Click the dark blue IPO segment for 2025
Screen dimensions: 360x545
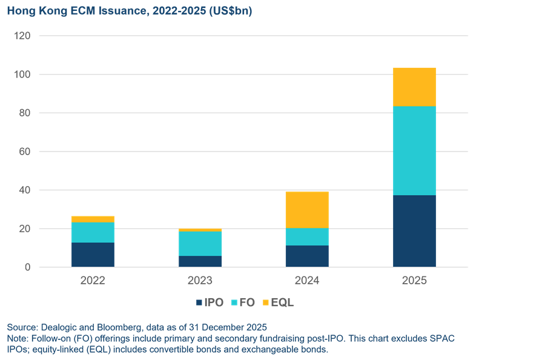click(x=415, y=231)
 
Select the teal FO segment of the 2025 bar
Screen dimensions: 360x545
click(x=415, y=151)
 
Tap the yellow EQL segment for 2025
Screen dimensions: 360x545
click(x=415, y=87)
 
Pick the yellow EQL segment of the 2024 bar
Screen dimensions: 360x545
click(x=307, y=210)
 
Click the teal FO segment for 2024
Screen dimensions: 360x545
click(x=307, y=237)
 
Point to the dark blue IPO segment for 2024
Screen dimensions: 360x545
click(x=307, y=256)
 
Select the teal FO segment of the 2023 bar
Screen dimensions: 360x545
click(x=200, y=244)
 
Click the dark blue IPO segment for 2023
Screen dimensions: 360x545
click(x=200, y=261)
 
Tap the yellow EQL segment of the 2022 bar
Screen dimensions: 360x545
click(x=93, y=219)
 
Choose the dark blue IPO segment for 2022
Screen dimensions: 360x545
click(x=93, y=255)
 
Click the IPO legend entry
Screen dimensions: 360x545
click(x=210, y=302)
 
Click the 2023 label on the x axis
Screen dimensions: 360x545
click(x=200, y=281)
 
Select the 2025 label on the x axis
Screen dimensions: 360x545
click(x=415, y=281)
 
